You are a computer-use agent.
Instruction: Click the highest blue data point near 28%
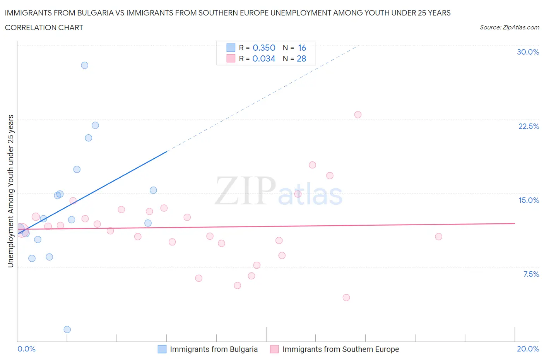click(85, 65)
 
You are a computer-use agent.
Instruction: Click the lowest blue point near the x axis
click(67, 329)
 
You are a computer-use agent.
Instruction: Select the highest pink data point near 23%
click(358, 115)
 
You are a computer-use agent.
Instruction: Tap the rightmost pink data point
click(438, 237)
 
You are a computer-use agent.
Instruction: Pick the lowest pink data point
click(346, 298)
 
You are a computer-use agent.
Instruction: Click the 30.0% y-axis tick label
click(528, 52)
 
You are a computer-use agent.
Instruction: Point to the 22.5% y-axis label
click(529, 126)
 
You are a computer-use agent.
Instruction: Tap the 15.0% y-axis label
click(529, 200)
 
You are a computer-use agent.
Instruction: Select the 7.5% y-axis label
click(531, 274)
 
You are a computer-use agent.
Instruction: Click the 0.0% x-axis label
click(27, 349)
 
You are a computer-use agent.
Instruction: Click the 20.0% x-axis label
click(528, 349)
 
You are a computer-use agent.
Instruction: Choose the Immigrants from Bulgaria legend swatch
click(162, 349)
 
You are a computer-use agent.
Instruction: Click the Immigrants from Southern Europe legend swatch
click(274, 349)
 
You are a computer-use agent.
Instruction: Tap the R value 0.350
click(264, 48)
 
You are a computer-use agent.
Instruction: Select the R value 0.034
click(264, 58)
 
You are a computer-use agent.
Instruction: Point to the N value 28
click(301, 58)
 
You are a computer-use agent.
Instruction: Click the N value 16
click(302, 48)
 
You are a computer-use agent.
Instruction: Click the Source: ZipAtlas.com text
click(509, 27)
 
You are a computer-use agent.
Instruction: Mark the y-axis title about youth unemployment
click(11, 191)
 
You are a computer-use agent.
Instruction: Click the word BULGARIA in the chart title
click(94, 13)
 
